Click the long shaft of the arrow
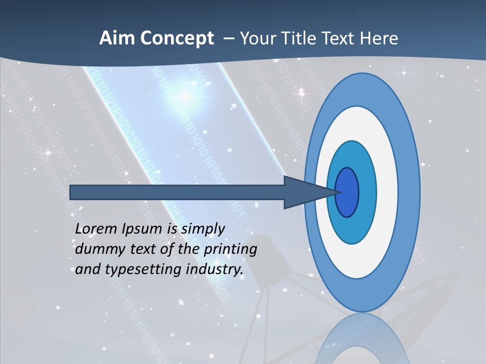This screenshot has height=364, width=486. [177, 192]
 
